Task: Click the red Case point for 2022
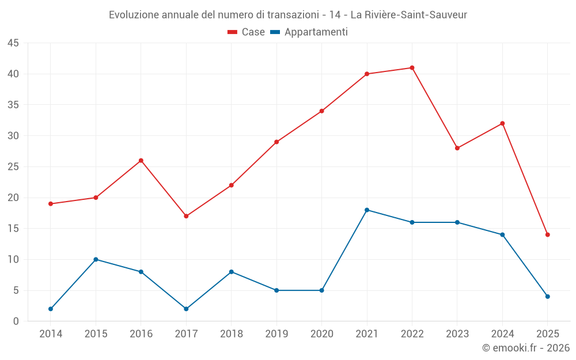(412, 68)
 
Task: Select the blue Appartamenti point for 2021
(367, 210)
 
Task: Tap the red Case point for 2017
(186, 216)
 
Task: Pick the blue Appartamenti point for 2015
(96, 259)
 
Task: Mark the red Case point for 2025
(547, 234)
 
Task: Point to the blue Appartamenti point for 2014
(51, 309)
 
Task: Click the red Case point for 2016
(141, 161)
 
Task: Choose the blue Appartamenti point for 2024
(502, 234)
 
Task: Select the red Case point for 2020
(321, 111)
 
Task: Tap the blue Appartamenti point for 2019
(276, 290)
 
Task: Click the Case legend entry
(246, 32)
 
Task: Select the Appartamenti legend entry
(309, 32)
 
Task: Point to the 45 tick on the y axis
(13, 43)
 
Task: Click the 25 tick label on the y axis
(13, 167)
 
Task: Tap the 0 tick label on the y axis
(16, 321)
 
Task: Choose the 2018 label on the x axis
(231, 334)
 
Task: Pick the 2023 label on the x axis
(457, 334)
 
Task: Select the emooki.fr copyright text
(526, 348)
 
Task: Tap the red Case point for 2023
(457, 148)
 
